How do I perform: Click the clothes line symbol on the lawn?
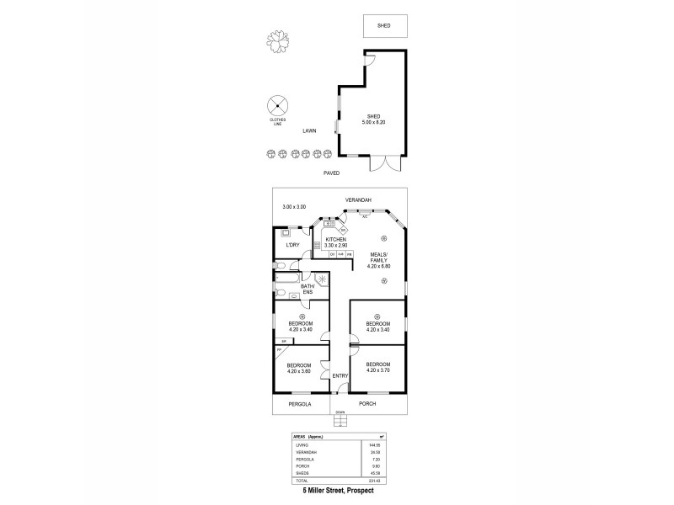pos(276,106)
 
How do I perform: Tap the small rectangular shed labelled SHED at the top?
pos(386,25)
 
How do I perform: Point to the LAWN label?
pos(311,131)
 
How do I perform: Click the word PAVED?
pos(332,173)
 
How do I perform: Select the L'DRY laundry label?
pos(292,245)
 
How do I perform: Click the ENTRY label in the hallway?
pos(340,375)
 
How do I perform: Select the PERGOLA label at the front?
pos(299,405)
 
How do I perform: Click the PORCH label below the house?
pos(367,405)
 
